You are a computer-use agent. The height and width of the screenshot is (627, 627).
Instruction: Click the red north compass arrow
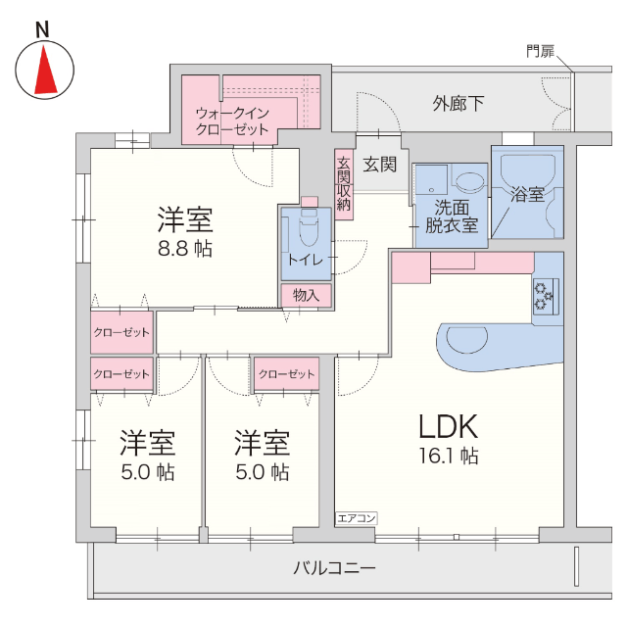[44, 70]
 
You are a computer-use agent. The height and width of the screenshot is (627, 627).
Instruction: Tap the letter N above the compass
[43, 29]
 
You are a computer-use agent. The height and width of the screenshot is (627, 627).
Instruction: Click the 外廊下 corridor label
[458, 103]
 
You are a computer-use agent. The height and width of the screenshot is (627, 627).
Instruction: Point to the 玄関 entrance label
[380, 165]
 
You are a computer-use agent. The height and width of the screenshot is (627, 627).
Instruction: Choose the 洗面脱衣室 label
[450, 217]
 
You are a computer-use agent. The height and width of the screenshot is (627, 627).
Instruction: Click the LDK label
[448, 426]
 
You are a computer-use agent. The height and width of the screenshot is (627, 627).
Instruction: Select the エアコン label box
[356, 517]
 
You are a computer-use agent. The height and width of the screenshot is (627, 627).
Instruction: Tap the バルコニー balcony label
[334, 567]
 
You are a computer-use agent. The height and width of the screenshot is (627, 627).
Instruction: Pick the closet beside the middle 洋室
[288, 374]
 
